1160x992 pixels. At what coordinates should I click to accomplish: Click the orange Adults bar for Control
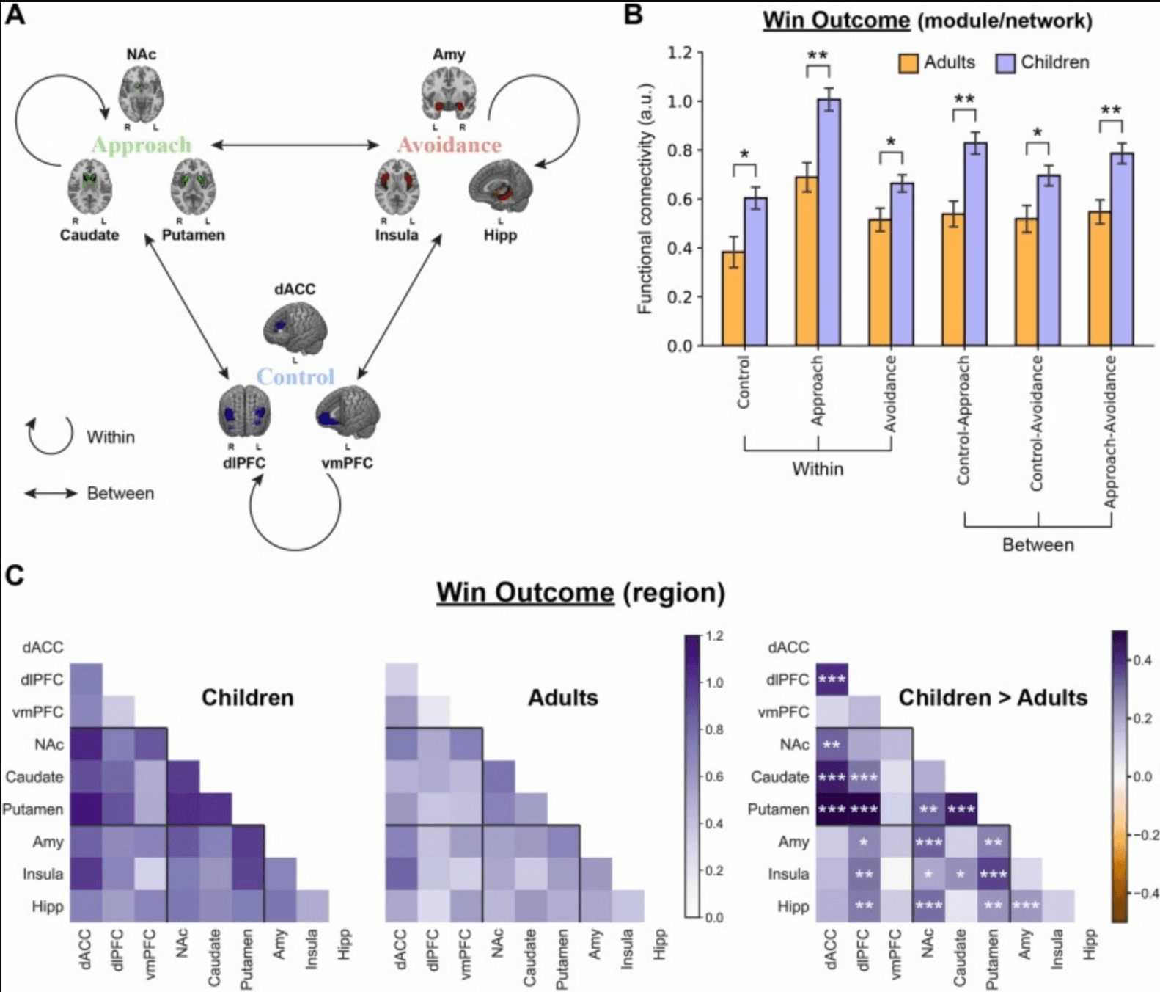[x=733, y=299]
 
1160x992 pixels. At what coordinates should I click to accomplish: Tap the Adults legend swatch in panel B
[x=908, y=63]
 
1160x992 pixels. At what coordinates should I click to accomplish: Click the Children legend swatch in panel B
[x=1005, y=63]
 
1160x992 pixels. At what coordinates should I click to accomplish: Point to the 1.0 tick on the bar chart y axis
[x=680, y=101]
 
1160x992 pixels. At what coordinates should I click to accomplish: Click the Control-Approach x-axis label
[x=963, y=420]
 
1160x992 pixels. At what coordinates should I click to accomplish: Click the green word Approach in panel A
[x=142, y=145]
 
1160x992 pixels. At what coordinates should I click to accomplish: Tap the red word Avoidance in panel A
[x=449, y=145]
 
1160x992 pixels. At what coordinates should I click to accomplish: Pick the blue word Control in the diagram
[x=295, y=377]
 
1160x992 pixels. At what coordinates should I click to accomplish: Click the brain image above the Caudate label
[x=89, y=186]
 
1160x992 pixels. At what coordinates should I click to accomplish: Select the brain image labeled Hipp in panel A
[x=500, y=187]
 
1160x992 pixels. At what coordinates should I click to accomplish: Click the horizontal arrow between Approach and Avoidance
[x=295, y=145]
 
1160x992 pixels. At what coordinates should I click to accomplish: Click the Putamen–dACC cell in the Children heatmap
[x=86, y=809]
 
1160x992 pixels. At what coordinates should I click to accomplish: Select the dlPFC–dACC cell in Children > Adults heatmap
[x=832, y=679]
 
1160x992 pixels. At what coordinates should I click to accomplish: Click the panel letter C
[x=15, y=575]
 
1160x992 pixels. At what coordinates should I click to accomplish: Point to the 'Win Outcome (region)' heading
[x=581, y=593]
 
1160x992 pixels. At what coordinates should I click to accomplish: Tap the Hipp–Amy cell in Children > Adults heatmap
[x=1025, y=906]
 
